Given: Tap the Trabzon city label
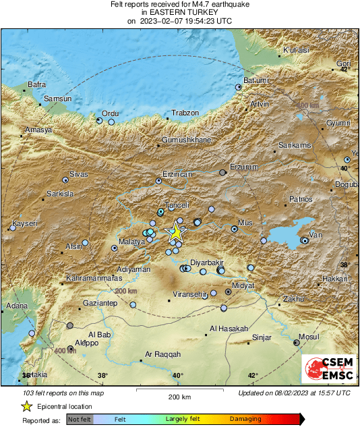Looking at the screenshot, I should click(185, 113).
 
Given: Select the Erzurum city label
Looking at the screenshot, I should click(244, 167).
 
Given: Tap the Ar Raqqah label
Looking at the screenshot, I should click(163, 354).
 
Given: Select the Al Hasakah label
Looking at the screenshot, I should click(230, 329).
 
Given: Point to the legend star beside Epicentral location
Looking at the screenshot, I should click(26, 407).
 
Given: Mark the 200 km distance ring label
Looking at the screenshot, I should click(125, 291).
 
